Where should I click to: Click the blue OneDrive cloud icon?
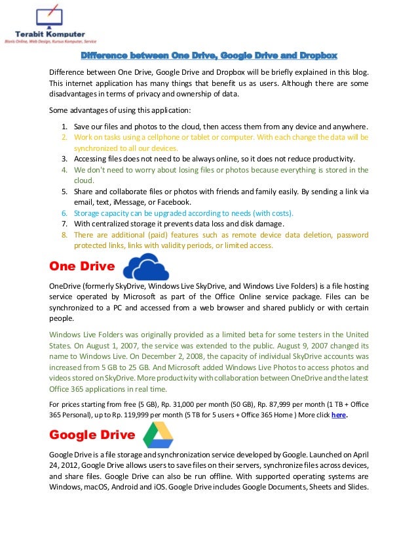click(x=145, y=268)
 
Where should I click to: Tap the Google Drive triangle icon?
click(x=158, y=434)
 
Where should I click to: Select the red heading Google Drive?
click(x=92, y=435)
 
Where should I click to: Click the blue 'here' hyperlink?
click(x=338, y=415)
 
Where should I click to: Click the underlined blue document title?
click(x=208, y=55)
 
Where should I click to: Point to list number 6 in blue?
click(x=64, y=213)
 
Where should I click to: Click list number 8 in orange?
click(x=64, y=234)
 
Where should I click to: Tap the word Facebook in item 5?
click(x=173, y=202)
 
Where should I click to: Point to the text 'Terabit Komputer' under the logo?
click(x=50, y=34)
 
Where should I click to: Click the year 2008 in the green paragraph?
click(x=215, y=356)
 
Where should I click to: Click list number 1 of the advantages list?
click(x=64, y=127)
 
